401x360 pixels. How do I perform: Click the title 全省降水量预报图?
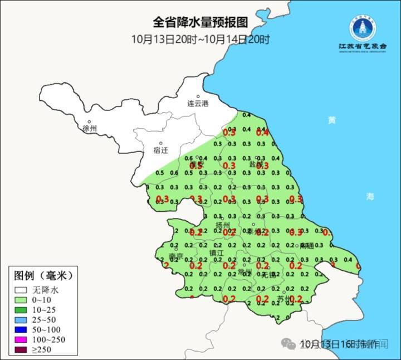point(200,22)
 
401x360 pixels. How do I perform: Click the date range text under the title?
point(200,39)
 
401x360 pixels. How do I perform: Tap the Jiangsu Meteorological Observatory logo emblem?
point(363,26)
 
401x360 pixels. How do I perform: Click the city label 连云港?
point(197,104)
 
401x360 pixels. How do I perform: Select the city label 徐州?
point(89,129)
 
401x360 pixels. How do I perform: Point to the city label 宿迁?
point(160,150)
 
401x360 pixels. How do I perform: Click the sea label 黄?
point(332,120)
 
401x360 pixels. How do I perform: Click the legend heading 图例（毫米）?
point(43,275)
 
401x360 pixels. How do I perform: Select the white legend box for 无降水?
point(22,290)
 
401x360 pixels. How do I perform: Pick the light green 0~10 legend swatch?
point(22,300)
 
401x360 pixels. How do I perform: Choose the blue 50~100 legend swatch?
point(22,330)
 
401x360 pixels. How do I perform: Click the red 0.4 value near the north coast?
point(262,133)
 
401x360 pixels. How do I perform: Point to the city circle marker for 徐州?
point(89,121)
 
